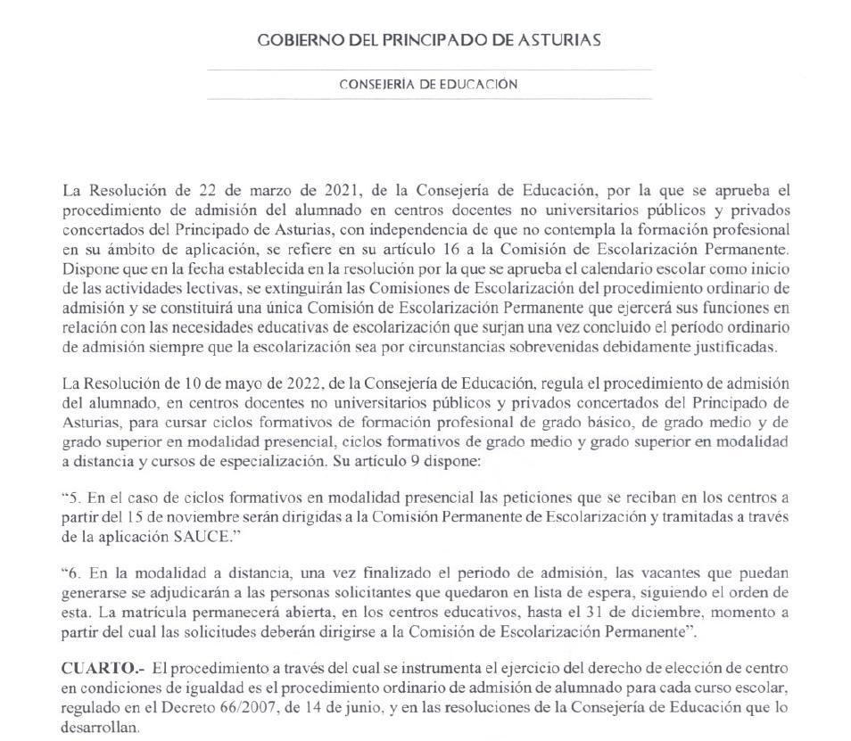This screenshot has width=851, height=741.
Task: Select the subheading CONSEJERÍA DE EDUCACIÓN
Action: [x=428, y=84]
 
